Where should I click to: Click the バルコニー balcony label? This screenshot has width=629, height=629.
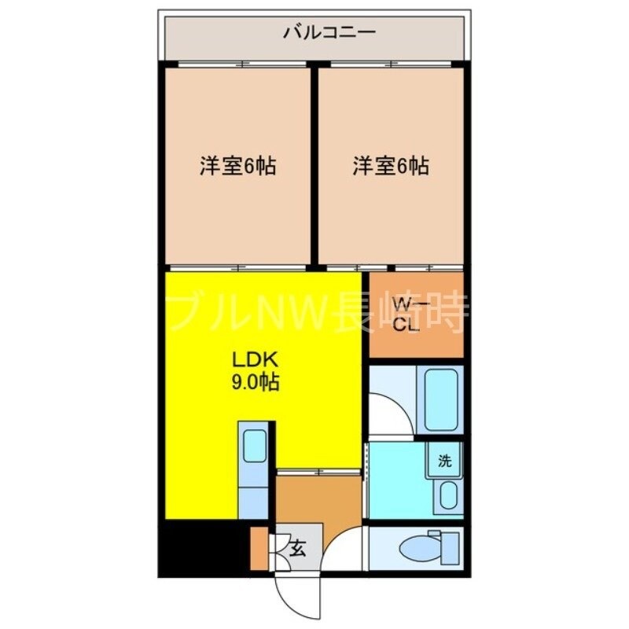click(x=318, y=34)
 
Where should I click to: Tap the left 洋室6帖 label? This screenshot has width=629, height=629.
click(x=237, y=167)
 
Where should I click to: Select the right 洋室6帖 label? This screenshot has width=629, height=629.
click(x=390, y=167)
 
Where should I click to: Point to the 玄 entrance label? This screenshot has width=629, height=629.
click(x=300, y=548)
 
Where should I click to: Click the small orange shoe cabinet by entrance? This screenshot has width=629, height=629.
click(x=259, y=549)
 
